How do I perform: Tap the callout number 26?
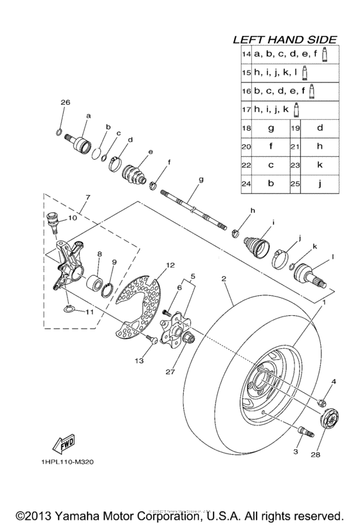[64, 103]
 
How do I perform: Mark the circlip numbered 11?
[72, 311]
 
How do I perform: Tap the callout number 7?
[87, 197]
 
